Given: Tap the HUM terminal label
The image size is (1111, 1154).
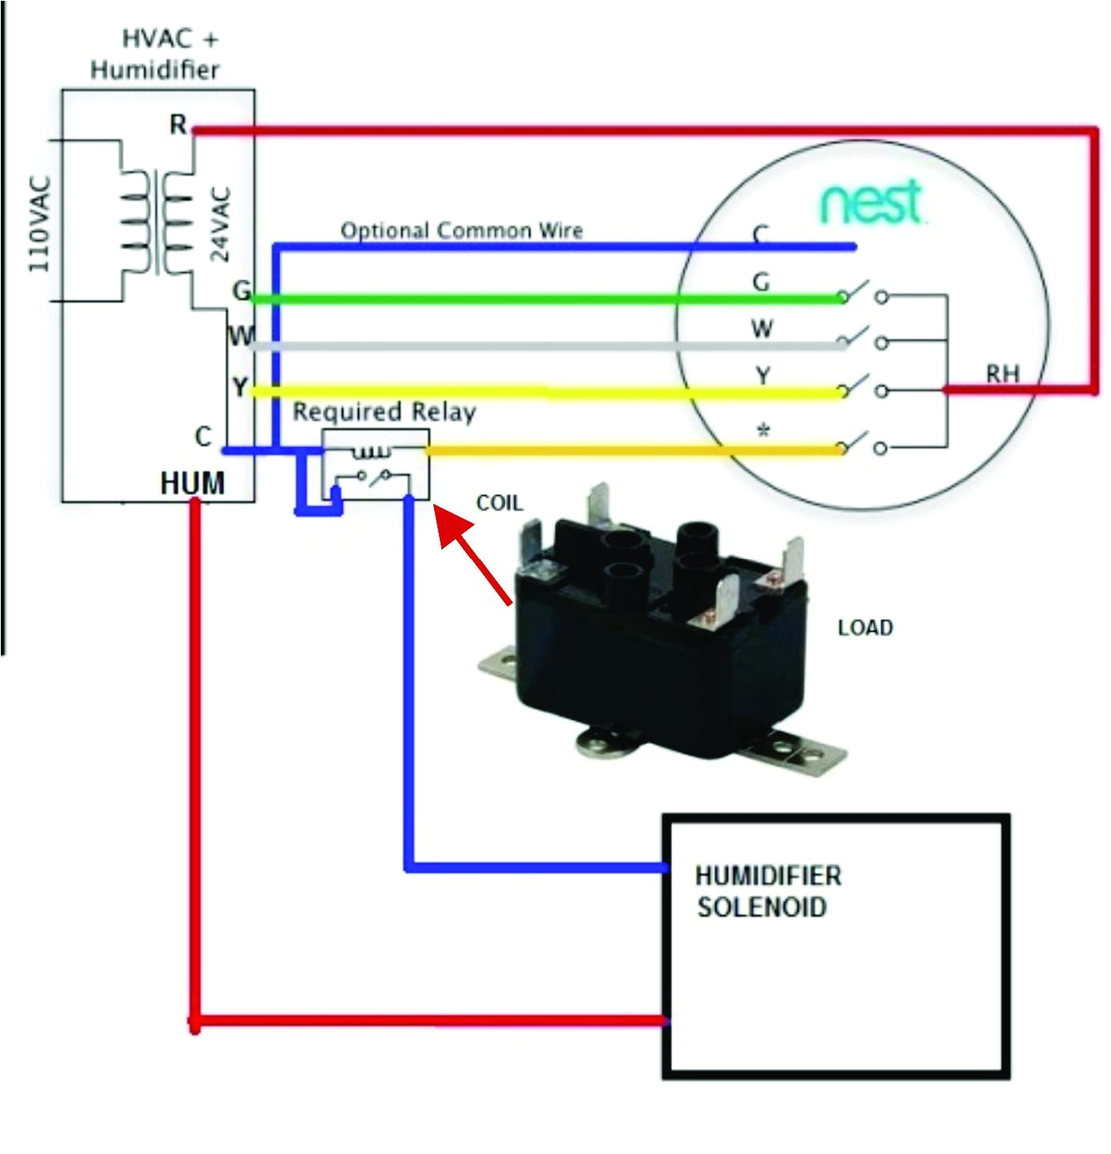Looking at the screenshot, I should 192,483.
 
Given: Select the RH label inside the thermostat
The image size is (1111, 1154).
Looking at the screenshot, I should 1002,373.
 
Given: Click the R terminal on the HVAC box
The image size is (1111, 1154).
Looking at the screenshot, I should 178,125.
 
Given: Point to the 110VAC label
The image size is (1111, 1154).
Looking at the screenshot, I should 40,223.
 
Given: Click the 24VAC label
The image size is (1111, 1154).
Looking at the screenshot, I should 220,223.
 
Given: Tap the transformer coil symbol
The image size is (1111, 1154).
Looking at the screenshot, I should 157,222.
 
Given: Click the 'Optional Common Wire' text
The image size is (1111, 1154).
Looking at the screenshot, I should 461,231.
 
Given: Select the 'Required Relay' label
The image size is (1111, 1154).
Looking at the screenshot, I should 384,412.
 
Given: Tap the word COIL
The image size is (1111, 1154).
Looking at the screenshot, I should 498,503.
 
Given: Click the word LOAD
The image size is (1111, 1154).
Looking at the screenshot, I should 865,628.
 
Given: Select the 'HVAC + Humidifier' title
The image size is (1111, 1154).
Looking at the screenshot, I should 155,54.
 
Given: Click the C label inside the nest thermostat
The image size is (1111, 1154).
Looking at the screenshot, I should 760,234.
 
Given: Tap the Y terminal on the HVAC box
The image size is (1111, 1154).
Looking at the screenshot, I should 240,388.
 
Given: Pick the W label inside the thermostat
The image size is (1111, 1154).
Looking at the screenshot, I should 762,328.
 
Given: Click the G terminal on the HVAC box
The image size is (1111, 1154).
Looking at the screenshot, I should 240,290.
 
